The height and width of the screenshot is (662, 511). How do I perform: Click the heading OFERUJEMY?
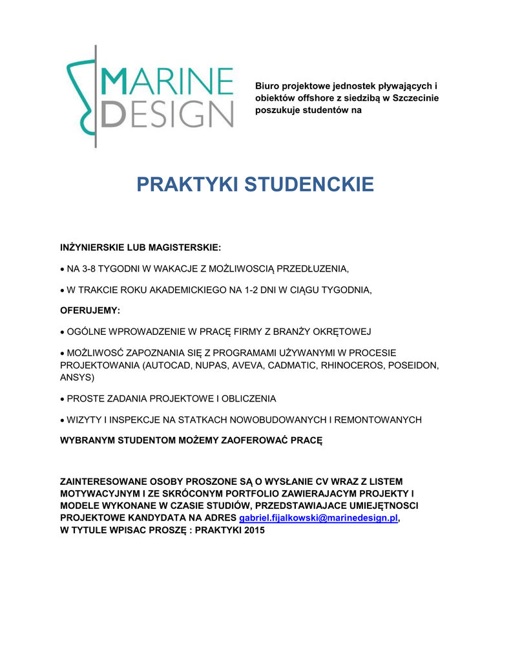90,311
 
